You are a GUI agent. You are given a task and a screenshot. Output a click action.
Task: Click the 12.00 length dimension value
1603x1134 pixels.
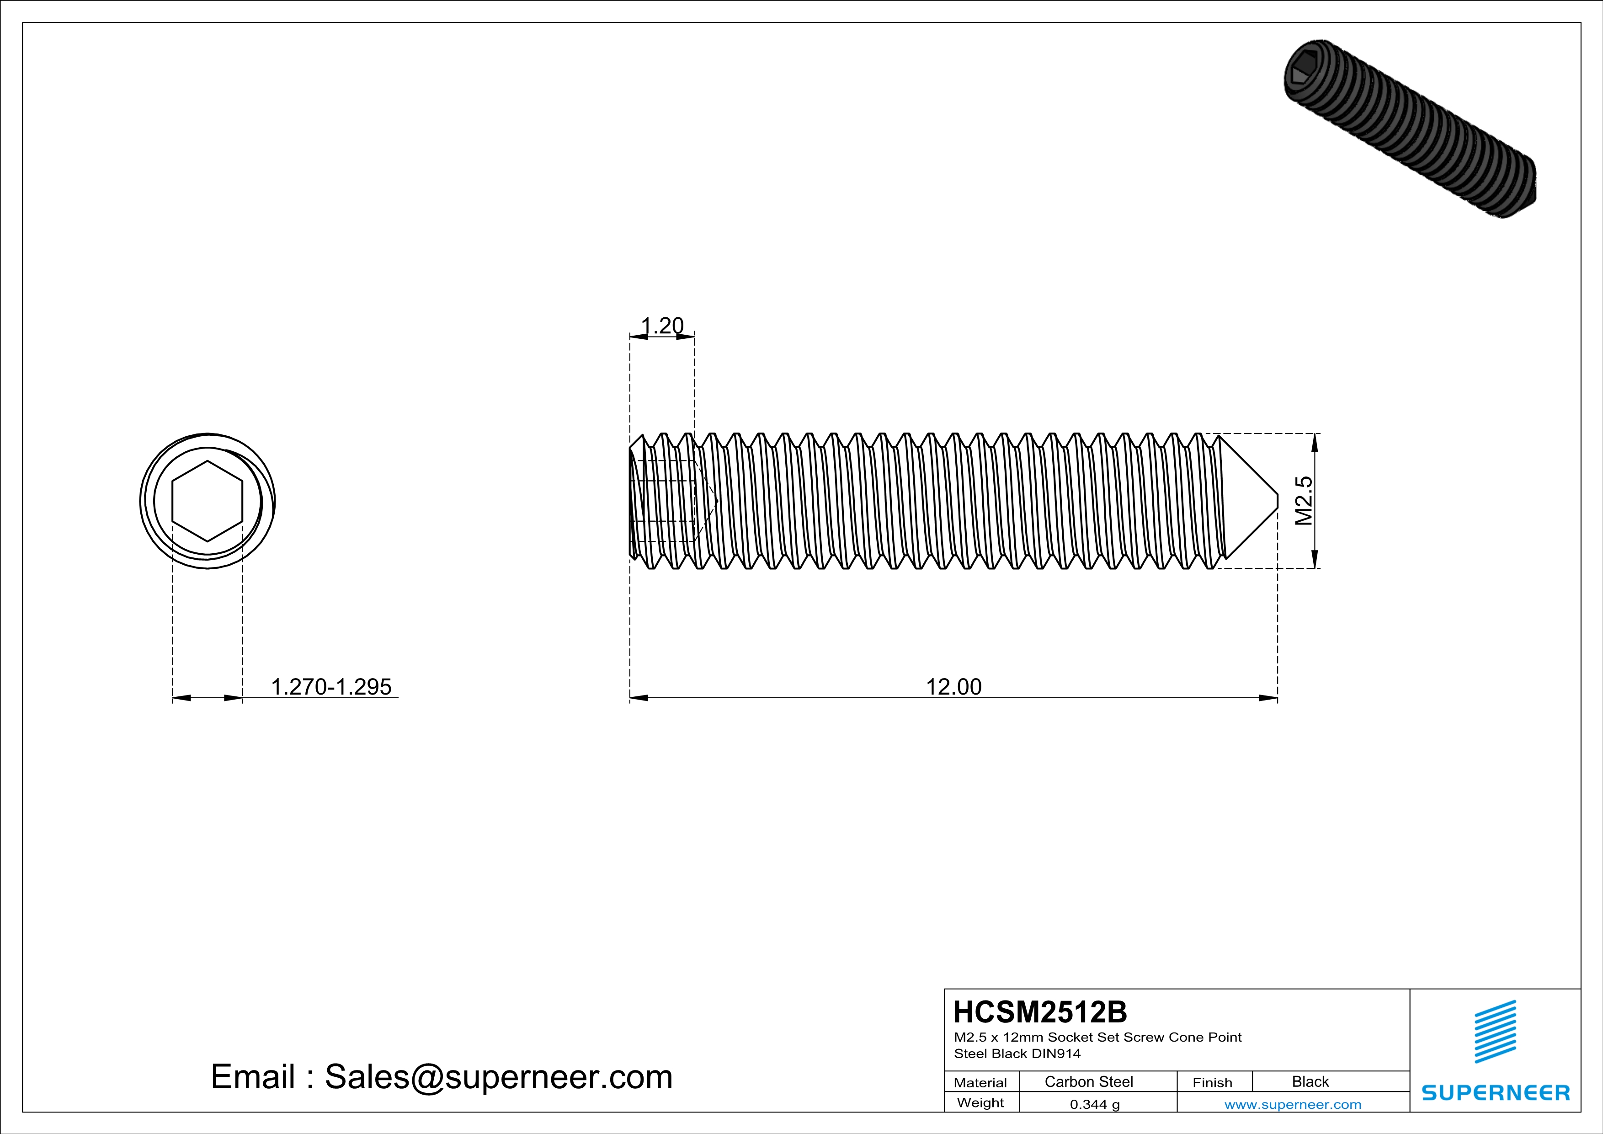pyautogui.click(x=953, y=687)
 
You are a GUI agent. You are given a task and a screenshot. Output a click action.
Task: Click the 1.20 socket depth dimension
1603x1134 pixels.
pyautogui.click(x=662, y=326)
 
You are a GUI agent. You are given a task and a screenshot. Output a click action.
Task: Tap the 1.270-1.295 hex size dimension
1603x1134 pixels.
pyautogui.click(x=331, y=687)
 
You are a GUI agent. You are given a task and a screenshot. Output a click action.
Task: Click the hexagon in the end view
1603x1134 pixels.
pyautogui.click(x=208, y=501)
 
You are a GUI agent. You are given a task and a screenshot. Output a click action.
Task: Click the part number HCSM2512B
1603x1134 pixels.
pyautogui.click(x=1039, y=1012)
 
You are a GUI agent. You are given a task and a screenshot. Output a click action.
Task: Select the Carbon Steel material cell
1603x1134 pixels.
pyautogui.click(x=1088, y=1081)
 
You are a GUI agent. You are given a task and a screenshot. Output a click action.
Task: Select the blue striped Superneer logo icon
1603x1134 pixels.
pyautogui.click(x=1495, y=1032)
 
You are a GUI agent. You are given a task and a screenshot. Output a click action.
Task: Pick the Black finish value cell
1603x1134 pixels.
pyautogui.click(x=1310, y=1081)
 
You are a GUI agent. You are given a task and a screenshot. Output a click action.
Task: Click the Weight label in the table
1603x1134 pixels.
pyautogui.click(x=980, y=1102)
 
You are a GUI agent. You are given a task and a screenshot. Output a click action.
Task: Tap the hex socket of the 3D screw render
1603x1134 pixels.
pyautogui.click(x=1304, y=72)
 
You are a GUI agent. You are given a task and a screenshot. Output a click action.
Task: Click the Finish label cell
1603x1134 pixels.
pyautogui.click(x=1212, y=1082)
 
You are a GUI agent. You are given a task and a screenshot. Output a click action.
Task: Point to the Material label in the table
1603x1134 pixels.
pyautogui.click(x=980, y=1082)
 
